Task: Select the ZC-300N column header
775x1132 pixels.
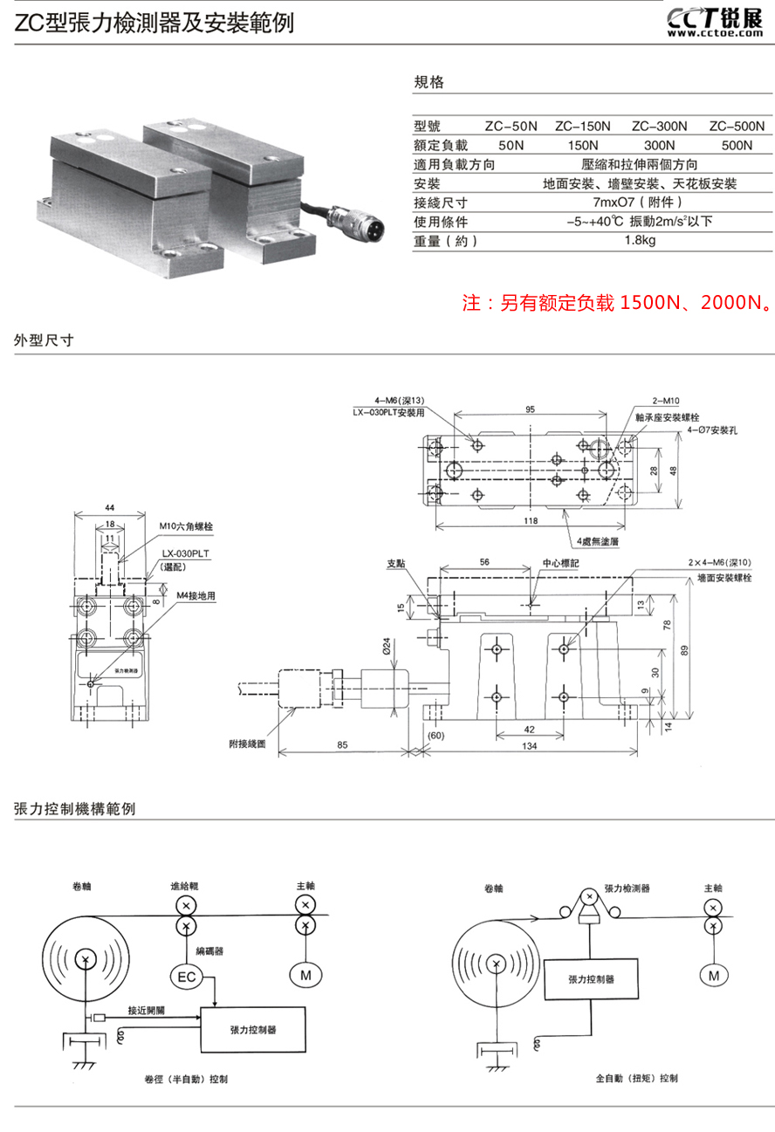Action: (659, 126)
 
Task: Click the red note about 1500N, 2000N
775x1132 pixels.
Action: (617, 304)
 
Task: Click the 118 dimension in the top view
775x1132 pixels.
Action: (530, 521)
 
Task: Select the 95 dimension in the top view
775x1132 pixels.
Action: (530, 408)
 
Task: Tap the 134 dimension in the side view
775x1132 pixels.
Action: (530, 746)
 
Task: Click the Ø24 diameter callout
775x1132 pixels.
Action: (385, 648)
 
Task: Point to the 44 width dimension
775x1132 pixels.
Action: (109, 507)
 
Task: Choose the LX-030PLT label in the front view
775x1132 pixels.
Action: (186, 553)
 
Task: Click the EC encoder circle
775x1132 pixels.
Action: (187, 977)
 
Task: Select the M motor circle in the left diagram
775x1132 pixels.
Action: (305, 977)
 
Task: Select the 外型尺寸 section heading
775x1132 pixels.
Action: (44, 340)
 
